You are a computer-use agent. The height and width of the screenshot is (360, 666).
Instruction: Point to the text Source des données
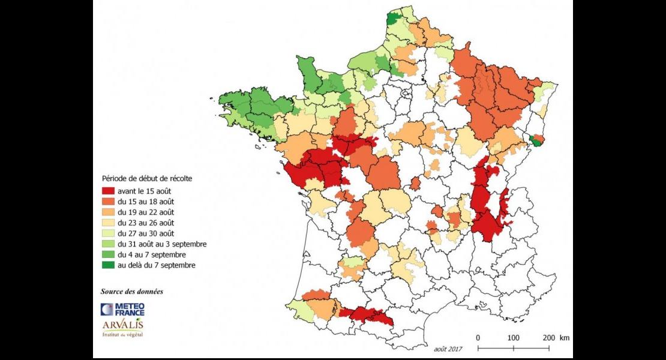coord(131,292)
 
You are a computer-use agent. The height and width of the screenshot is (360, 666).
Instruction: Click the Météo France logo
coord(122,309)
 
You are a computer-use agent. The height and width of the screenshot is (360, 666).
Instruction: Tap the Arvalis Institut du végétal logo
coord(122,329)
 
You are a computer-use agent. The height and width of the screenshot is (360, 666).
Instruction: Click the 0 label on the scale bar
coord(478,337)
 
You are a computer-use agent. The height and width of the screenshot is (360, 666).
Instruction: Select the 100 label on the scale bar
coord(514,337)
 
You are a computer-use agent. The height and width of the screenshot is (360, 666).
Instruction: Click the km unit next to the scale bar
coord(565,337)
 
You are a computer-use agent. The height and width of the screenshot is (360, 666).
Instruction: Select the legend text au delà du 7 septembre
coord(156,265)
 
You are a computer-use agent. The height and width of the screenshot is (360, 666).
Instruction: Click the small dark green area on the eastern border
coord(536,140)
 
